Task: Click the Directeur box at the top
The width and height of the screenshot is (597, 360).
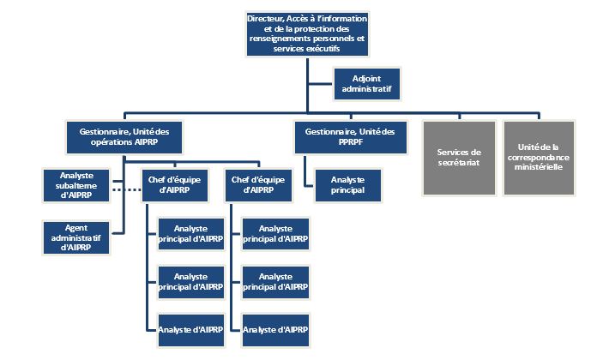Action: point(306,33)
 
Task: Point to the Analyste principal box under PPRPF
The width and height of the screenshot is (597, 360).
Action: point(347,185)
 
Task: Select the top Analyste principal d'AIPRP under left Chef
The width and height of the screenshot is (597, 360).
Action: point(190,233)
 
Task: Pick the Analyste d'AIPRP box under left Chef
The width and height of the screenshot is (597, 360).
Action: point(190,329)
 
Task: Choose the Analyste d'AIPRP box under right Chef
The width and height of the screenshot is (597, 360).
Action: point(274,329)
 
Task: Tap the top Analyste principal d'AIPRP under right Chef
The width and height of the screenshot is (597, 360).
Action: point(274,233)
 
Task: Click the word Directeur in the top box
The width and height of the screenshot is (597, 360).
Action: point(263,17)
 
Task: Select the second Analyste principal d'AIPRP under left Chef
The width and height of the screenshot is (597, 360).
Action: point(190,281)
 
